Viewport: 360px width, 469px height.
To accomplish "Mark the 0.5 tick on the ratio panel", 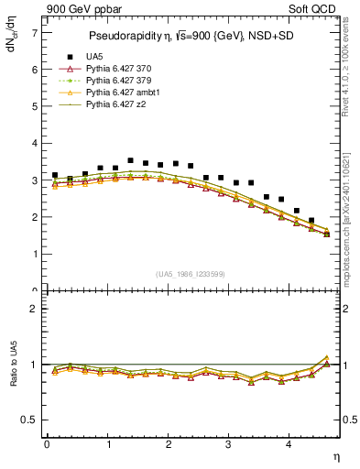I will tap(30, 420).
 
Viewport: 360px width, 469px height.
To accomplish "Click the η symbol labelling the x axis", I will tap(337, 454).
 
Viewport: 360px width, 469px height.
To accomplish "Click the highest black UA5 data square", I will tap(130, 160).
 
